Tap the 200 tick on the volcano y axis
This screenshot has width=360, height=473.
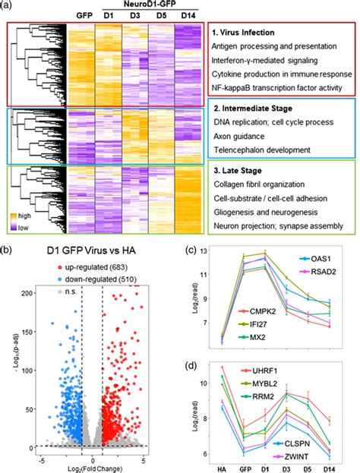pos(25,292)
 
